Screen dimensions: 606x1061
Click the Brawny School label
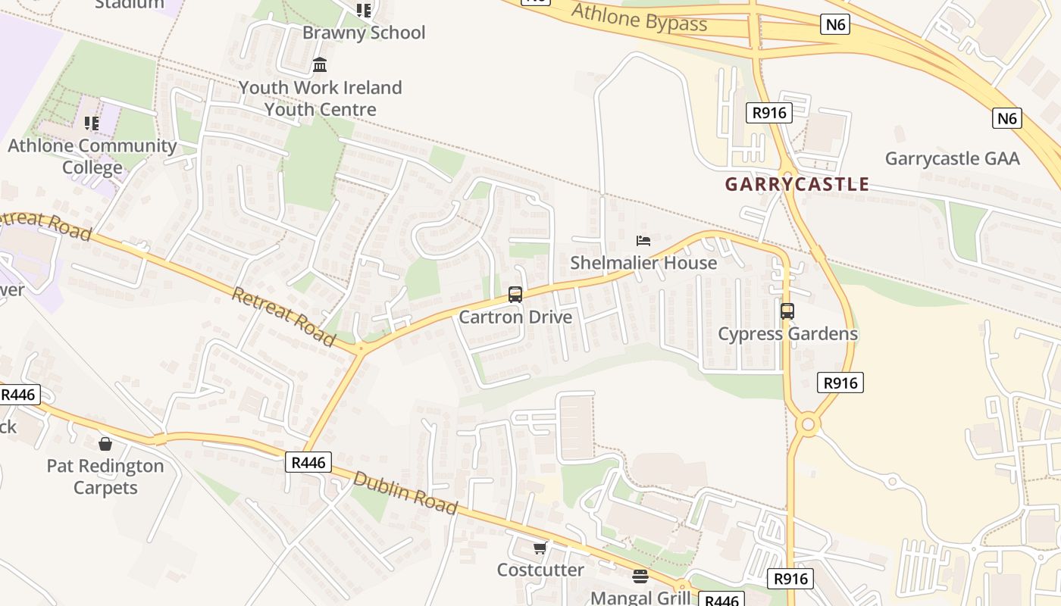click(x=364, y=33)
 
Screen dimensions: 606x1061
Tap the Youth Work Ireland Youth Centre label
click(x=320, y=98)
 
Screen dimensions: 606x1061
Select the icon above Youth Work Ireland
click(x=320, y=65)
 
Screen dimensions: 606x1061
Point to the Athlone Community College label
click(x=92, y=156)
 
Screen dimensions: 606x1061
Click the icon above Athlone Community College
click(x=92, y=123)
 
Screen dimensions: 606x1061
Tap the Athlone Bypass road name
click(x=639, y=18)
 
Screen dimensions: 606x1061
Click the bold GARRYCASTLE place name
click(x=797, y=184)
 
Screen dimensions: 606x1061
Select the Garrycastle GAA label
click(x=953, y=159)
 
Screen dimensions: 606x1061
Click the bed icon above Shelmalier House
click(x=643, y=241)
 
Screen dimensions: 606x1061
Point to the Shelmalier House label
click(x=643, y=263)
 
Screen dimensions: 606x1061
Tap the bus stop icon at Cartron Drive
click(x=515, y=295)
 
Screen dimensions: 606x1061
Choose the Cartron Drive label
click(x=515, y=317)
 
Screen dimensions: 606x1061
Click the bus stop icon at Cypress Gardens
click(x=787, y=311)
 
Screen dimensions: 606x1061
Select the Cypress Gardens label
click(x=787, y=333)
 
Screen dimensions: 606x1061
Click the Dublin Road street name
click(x=405, y=492)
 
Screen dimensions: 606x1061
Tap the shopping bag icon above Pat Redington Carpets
click(x=105, y=443)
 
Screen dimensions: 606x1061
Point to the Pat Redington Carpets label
click(x=105, y=476)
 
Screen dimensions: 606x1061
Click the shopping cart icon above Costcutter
click(x=540, y=548)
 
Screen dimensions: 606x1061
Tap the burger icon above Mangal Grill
click(x=640, y=576)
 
